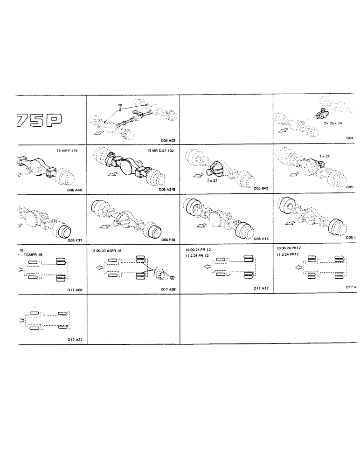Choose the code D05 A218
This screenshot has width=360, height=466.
tap(167, 190)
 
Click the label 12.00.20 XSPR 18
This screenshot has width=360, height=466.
tap(106, 251)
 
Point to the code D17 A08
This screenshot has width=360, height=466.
tap(75, 290)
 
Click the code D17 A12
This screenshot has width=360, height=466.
tap(262, 289)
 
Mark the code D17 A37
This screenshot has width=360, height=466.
tap(75, 339)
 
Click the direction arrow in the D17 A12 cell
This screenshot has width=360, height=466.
tap(204, 267)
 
